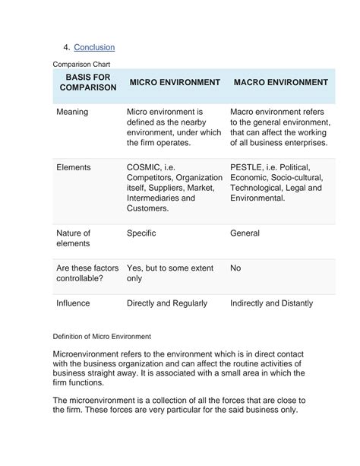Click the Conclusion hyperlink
click(x=94, y=47)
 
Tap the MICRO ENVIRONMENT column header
click(x=175, y=82)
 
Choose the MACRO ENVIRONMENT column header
click(x=281, y=82)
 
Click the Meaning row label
click(x=73, y=112)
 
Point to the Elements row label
click(x=74, y=167)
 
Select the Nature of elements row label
click(x=74, y=239)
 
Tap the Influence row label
click(x=74, y=303)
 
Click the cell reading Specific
click(x=141, y=233)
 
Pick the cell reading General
click(x=245, y=233)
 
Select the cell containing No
click(x=235, y=268)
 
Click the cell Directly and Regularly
click(x=167, y=303)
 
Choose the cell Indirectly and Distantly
click(x=271, y=303)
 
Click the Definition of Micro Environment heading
click(x=102, y=336)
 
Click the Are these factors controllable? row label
click(x=87, y=274)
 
